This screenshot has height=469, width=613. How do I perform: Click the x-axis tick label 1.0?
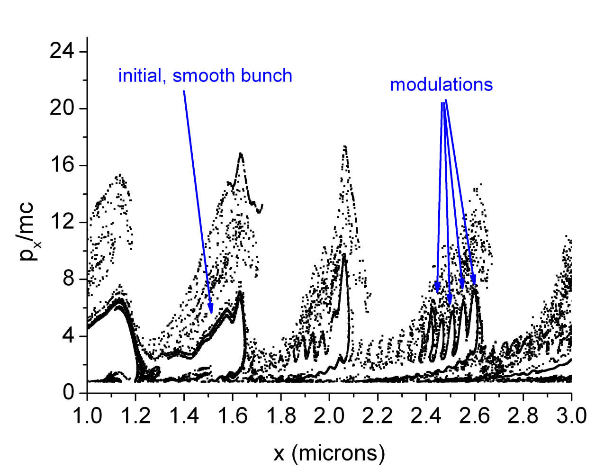pos(88,416)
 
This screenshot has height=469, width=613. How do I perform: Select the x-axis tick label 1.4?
pos(184,416)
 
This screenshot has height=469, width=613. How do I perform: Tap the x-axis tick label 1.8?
pos(281,416)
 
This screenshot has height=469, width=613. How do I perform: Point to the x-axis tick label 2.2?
pos(378,416)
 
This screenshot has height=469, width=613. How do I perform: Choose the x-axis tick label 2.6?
pos(475,416)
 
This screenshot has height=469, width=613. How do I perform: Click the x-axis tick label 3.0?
pos(571,416)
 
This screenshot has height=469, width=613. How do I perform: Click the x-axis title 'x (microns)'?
pos(329,453)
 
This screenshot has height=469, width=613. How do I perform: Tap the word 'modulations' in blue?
pos(441,85)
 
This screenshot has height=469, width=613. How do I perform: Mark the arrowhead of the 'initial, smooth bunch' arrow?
pos(211,311)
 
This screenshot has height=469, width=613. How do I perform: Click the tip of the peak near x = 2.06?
pos(345,146)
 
